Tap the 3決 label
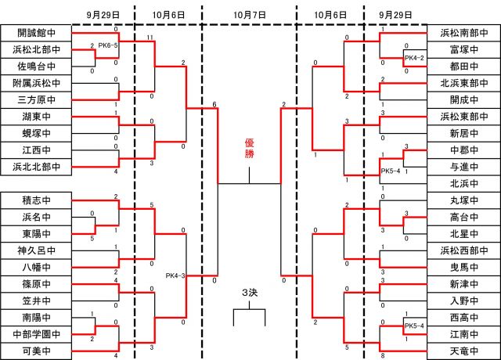[249, 293]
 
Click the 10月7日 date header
[249, 15]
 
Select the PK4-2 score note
[414, 58]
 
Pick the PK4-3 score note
[175, 275]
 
